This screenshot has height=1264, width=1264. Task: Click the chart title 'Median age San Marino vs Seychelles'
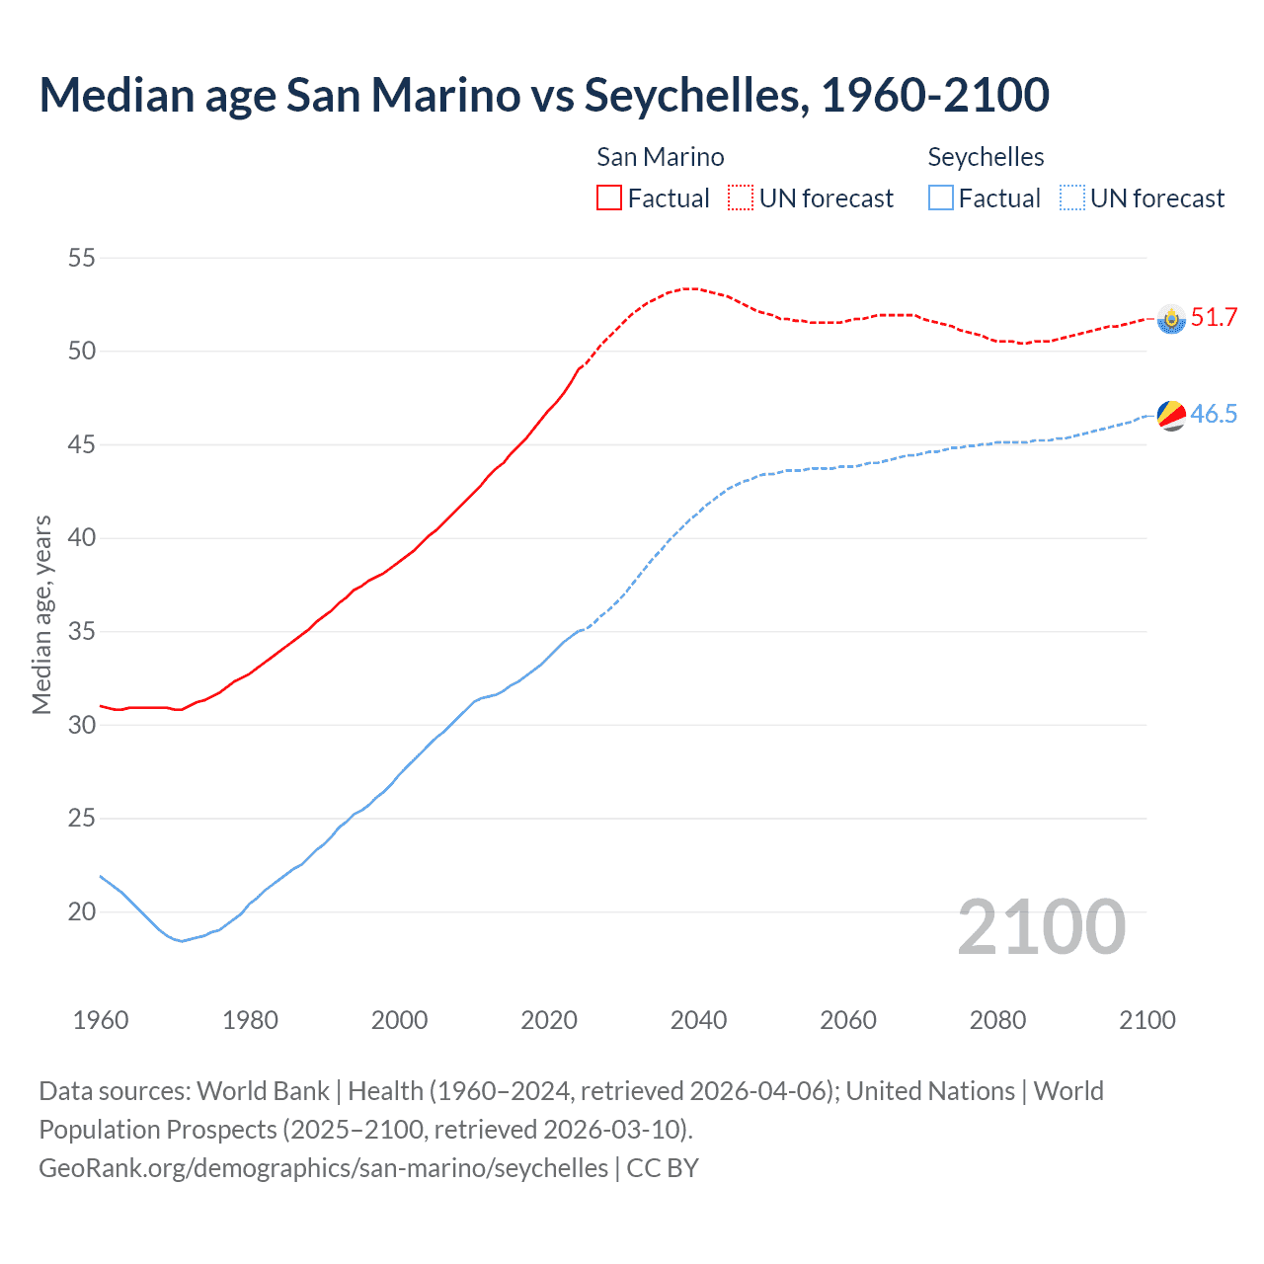tap(543, 96)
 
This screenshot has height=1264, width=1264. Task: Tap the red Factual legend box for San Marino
tap(609, 198)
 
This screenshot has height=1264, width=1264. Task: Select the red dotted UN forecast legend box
tap(741, 198)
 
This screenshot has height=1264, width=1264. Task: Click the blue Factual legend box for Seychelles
tap(941, 198)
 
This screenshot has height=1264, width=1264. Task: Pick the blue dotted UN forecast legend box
tap(1071, 198)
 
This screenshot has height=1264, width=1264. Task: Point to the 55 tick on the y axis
tap(82, 259)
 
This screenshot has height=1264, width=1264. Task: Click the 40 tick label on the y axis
tap(82, 538)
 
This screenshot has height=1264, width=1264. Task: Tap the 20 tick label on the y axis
tap(82, 911)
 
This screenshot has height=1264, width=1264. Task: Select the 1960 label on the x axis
tap(101, 1020)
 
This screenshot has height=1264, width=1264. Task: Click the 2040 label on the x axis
tap(698, 1020)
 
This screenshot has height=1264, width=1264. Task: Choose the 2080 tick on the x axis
tap(997, 1020)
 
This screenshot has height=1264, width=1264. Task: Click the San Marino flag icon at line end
tap(1171, 319)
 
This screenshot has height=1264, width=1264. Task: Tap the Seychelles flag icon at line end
tap(1171, 416)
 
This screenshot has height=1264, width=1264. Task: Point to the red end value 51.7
tap(1214, 317)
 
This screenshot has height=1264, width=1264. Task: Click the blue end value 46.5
tap(1214, 414)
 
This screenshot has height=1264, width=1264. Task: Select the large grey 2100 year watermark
tap(1042, 927)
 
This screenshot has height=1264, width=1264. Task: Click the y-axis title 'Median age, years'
tap(41, 614)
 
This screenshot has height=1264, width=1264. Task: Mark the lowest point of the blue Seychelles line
tap(181, 940)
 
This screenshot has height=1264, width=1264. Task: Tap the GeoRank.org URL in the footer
tap(323, 1168)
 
